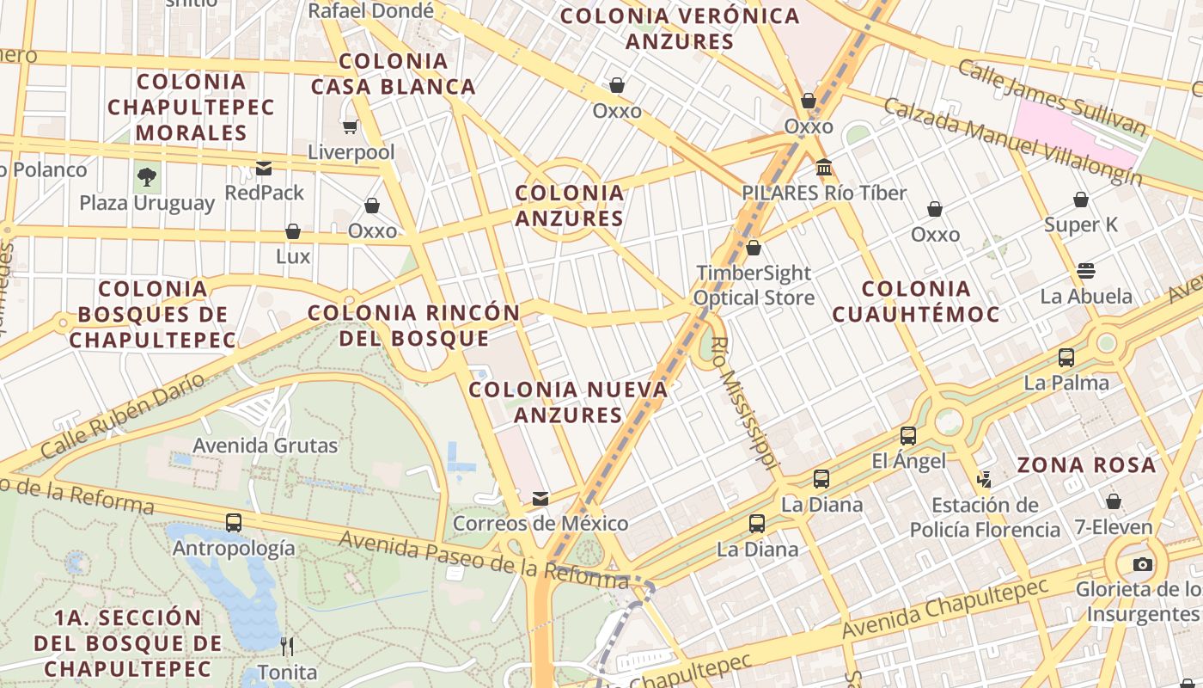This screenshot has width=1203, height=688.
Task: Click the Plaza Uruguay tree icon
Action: click(147, 178)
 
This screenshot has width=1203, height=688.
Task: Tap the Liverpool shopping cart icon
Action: click(350, 127)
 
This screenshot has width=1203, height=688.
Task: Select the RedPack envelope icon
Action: click(264, 168)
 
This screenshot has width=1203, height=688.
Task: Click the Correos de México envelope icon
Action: click(540, 499)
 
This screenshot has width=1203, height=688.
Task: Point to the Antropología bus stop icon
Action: click(233, 522)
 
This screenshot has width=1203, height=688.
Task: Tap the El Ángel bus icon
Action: click(908, 436)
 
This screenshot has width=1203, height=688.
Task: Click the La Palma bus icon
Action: click(1066, 357)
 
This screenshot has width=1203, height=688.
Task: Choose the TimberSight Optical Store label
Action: click(754, 286)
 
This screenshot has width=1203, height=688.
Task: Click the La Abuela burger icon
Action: click(1085, 271)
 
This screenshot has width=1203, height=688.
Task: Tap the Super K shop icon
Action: click(1081, 200)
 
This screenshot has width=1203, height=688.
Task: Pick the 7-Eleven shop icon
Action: click(1114, 501)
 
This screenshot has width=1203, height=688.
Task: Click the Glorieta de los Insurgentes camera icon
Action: click(1142, 564)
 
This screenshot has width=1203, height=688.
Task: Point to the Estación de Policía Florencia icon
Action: click(984, 479)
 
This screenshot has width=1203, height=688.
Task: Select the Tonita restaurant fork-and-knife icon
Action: click(287, 646)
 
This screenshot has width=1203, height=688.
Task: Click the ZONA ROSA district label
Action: click(1086, 465)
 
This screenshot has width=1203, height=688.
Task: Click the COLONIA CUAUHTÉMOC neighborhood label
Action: click(916, 301)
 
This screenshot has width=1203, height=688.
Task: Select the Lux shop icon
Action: click(293, 231)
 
